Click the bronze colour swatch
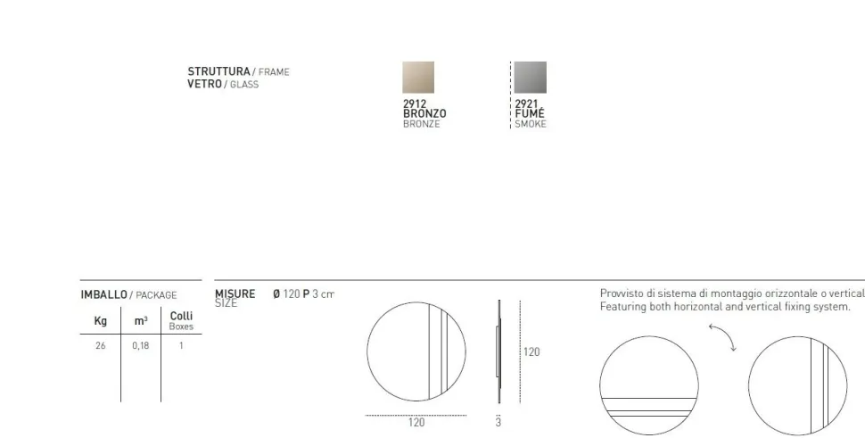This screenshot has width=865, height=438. coord(418,78)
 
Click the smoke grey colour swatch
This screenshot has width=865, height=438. coord(531,78)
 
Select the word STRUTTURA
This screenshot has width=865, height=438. coord(218,71)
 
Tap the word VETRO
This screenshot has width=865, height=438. coord(204,84)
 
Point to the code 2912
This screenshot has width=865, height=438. coord(415,103)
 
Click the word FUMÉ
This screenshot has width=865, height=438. coord(529,113)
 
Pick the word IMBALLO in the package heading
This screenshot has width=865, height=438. coord(103,294)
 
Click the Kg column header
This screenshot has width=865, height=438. coord(101,320)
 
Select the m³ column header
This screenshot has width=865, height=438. coord(141,320)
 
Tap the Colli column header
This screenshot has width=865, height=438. coord(181,316)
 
